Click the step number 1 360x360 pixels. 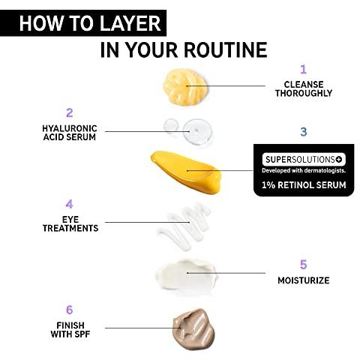(303, 69)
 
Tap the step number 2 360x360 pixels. (70, 112)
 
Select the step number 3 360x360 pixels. (304, 131)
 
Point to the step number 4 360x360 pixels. (69, 204)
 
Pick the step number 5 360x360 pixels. (304, 265)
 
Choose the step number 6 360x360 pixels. (70, 310)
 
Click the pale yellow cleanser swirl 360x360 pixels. (185, 86)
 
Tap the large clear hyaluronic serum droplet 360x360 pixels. (197, 132)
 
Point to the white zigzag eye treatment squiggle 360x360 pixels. (184, 226)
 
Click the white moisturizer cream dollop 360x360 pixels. (186, 275)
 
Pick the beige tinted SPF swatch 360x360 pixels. (193, 328)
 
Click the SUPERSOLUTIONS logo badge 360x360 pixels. (304, 160)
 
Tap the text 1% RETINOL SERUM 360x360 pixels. (304, 185)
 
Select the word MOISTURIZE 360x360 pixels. (304, 280)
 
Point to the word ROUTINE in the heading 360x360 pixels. (226, 49)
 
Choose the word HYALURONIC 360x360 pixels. (70, 128)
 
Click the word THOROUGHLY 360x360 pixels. (304, 93)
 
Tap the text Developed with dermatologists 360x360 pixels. (304, 170)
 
